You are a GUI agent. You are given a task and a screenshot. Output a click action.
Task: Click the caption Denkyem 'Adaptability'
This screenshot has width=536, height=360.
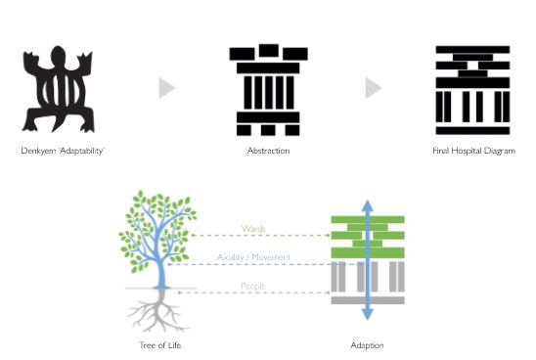pyautogui.click(x=63, y=151)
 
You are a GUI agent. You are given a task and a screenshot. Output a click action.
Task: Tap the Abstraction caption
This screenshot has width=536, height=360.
pyautogui.click(x=268, y=151)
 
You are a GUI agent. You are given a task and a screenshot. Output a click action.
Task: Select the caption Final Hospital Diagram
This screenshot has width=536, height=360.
pyautogui.click(x=473, y=151)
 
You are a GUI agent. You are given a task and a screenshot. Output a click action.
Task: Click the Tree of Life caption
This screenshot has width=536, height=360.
pyautogui.click(x=160, y=345)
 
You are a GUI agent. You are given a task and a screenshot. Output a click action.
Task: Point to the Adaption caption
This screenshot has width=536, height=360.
pyautogui.click(x=367, y=345)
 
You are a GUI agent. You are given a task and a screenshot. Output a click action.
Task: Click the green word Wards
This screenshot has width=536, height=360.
pyautogui.click(x=253, y=229)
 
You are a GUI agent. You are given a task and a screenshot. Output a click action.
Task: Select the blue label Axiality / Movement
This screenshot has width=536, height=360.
pyautogui.click(x=253, y=257)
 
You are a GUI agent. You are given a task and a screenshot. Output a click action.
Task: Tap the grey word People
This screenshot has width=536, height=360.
pyautogui.click(x=253, y=287)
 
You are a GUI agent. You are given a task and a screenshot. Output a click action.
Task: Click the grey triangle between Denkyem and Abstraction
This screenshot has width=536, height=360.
pyautogui.click(x=166, y=88)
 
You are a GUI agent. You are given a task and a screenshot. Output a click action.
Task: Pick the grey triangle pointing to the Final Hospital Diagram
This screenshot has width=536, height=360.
pyautogui.click(x=373, y=88)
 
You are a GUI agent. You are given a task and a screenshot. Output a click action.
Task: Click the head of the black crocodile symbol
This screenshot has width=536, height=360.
pyautogui.click(x=58, y=56)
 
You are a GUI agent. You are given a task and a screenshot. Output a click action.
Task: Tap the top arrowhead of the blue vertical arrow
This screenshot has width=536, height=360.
pyautogui.click(x=368, y=205)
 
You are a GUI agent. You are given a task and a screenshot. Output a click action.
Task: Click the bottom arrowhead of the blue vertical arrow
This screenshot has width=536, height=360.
pyautogui.click(x=368, y=313)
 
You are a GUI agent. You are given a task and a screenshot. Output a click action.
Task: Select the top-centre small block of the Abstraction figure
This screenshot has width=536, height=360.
pyautogui.click(x=269, y=51)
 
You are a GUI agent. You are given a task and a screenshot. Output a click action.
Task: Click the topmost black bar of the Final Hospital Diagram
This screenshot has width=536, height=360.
pyautogui.click(x=472, y=50)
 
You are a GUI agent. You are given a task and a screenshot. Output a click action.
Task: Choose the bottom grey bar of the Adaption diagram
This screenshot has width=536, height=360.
pyautogui.click(x=368, y=300)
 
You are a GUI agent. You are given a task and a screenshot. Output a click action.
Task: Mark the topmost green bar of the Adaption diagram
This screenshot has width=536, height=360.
pyautogui.click(x=368, y=219)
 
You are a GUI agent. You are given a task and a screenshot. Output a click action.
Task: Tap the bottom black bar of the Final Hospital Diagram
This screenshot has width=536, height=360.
pyautogui.click(x=472, y=131)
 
